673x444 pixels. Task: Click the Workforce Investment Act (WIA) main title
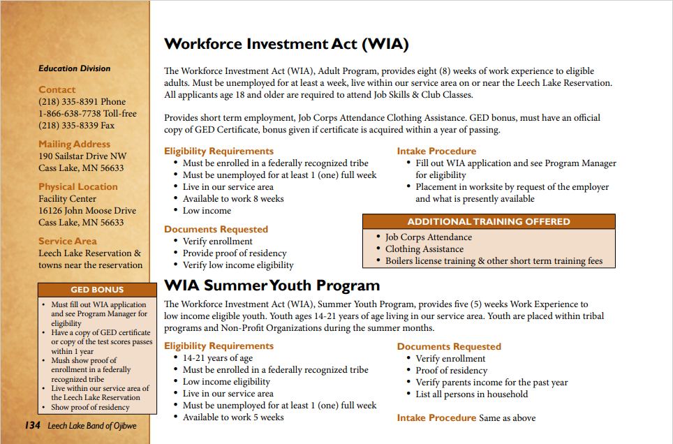[286, 45]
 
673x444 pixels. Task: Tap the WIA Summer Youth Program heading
[272, 286]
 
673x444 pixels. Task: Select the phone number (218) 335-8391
[82, 102]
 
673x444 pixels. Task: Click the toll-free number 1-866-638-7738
[87, 114]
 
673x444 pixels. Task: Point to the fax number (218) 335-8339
[76, 126]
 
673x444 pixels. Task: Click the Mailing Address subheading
[74, 145]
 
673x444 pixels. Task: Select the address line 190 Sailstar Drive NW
[82, 156]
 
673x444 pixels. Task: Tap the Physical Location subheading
[77, 187]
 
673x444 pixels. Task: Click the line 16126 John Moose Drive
[87, 211]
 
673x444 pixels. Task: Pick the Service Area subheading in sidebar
[67, 242]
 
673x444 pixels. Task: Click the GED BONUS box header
[97, 290]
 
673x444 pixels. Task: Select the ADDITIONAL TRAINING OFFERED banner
[489, 221]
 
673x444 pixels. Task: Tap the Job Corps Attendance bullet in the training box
[428, 237]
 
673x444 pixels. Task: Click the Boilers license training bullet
[494, 261]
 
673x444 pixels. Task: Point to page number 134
[32, 425]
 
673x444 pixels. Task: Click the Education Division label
[74, 68]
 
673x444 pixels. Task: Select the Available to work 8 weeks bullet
[233, 199]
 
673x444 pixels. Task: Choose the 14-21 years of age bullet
[218, 358]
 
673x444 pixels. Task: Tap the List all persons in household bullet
[471, 394]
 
